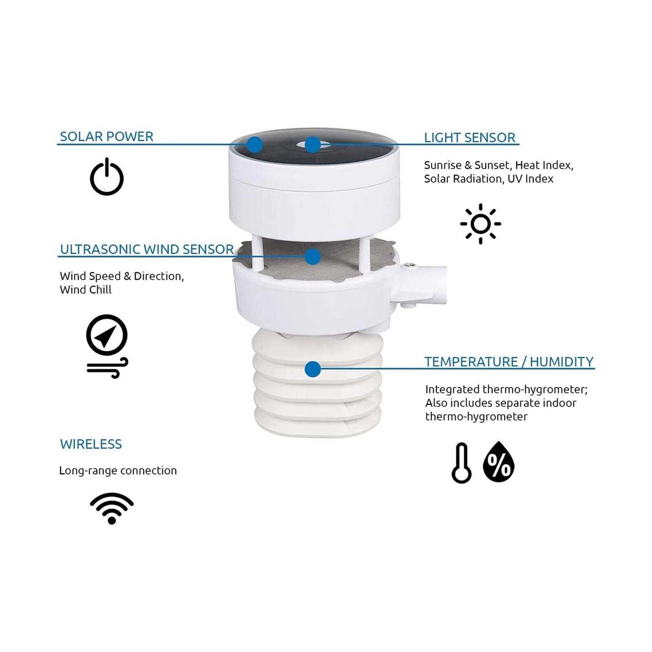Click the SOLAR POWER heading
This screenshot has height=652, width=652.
(x=106, y=136)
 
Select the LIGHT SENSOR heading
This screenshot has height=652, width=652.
(x=470, y=138)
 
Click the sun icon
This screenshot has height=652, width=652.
(x=480, y=224)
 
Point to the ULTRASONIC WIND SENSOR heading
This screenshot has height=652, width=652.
(x=147, y=249)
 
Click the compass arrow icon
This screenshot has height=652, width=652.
(x=107, y=335)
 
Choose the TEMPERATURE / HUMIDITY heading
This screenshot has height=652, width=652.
(x=509, y=362)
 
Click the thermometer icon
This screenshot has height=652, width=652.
(x=461, y=463)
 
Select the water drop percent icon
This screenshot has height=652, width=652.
(x=499, y=462)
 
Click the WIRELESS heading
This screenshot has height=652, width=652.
(x=91, y=444)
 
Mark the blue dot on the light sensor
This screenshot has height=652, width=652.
(x=313, y=145)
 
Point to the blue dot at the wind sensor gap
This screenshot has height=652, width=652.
(x=313, y=256)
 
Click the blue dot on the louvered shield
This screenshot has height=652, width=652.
(x=313, y=369)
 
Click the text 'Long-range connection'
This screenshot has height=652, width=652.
(x=118, y=471)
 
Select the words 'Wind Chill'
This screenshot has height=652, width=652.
(x=86, y=290)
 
